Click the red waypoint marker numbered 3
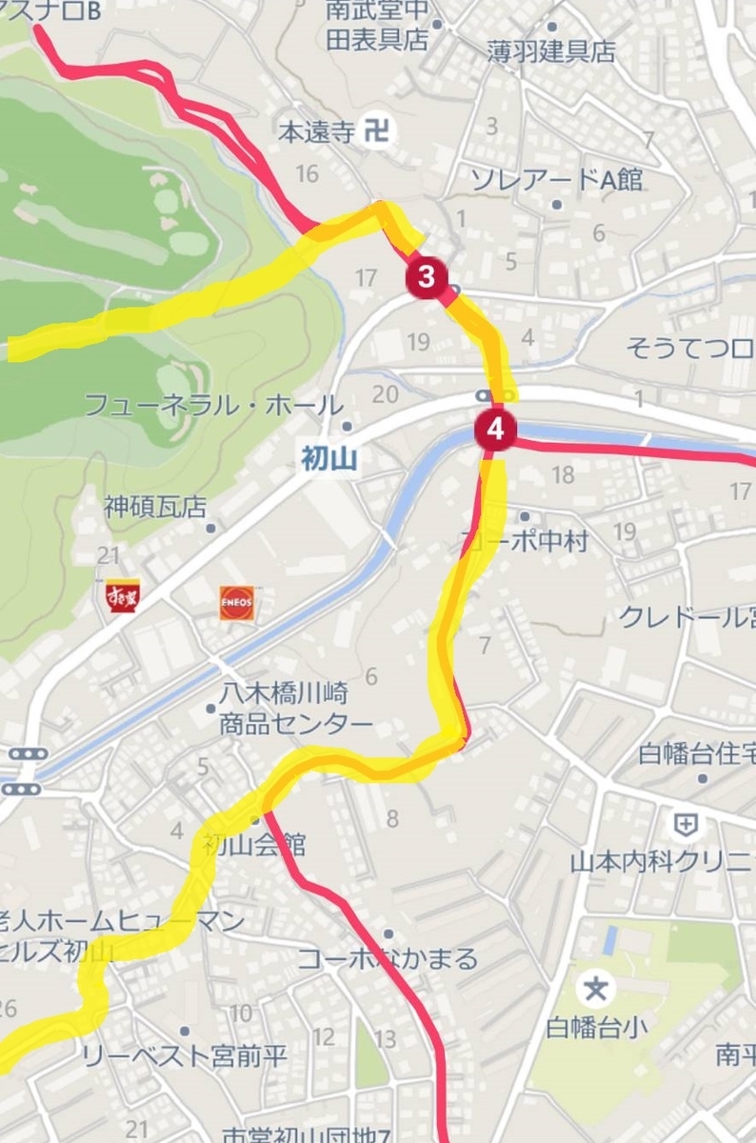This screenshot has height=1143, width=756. (x=427, y=278)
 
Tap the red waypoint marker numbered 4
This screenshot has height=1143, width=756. (x=495, y=430)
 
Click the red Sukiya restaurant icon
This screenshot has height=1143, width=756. (x=123, y=597)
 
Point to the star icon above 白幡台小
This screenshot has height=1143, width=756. (x=596, y=989)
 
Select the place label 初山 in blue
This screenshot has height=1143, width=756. (x=328, y=461)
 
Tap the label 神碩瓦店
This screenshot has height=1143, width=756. (x=155, y=507)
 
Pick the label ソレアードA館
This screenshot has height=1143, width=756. (x=557, y=179)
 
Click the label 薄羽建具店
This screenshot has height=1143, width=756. (x=551, y=52)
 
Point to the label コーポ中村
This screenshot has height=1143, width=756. (x=526, y=541)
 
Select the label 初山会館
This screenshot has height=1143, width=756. (x=253, y=844)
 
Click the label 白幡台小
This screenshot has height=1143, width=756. (x=596, y=1028)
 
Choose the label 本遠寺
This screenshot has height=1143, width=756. (x=315, y=132)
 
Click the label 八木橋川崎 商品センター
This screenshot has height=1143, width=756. (x=295, y=709)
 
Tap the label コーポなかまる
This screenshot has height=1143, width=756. (x=388, y=958)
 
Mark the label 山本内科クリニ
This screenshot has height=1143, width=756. (x=663, y=863)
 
